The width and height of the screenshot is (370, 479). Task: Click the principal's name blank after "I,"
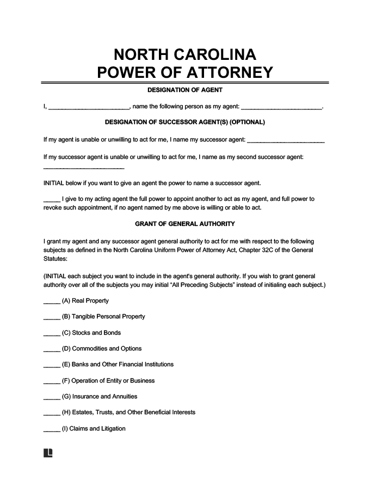point(89,108)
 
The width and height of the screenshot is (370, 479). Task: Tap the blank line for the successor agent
point(286,141)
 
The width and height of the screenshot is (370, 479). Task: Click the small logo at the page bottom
point(47,453)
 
